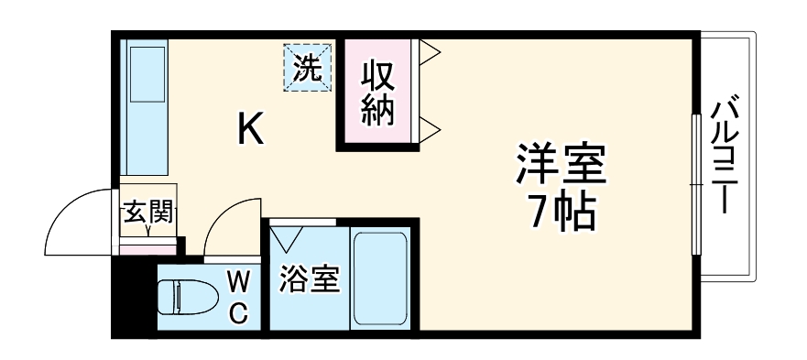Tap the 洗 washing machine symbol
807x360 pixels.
pyautogui.click(x=307, y=68)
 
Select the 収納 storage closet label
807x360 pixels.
pyautogui.click(x=376, y=92)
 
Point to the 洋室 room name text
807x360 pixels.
pyautogui.click(x=561, y=165)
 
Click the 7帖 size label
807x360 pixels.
pyautogui.click(x=561, y=212)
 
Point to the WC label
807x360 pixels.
pyautogui.click(x=237, y=296)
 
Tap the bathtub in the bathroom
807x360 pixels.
pyautogui.click(x=380, y=278)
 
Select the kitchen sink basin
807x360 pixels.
pyautogui.click(x=145, y=72)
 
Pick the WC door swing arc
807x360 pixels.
pyautogui.click(x=229, y=231)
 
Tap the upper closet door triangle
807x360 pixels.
pyautogui.click(x=431, y=53)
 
